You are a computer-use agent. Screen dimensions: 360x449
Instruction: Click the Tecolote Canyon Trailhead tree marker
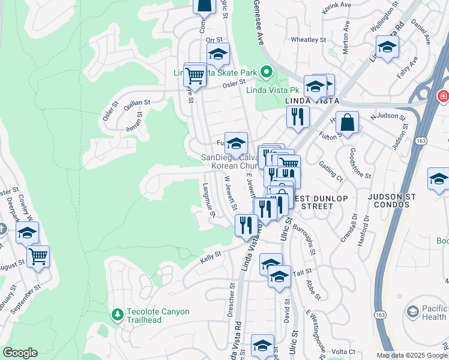coord(117,314)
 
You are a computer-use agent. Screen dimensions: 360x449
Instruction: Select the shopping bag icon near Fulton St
coord(347,124)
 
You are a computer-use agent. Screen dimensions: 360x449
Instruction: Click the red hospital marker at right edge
coord(444,95)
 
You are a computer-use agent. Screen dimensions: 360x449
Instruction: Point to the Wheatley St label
coord(307,40)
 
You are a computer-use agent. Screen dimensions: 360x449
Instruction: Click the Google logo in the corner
coord(20,353)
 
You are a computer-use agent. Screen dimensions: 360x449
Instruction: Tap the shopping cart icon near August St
coord(38,257)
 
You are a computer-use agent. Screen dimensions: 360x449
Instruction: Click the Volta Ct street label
coord(343,352)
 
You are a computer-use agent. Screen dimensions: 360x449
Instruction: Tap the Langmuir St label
coord(208,200)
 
